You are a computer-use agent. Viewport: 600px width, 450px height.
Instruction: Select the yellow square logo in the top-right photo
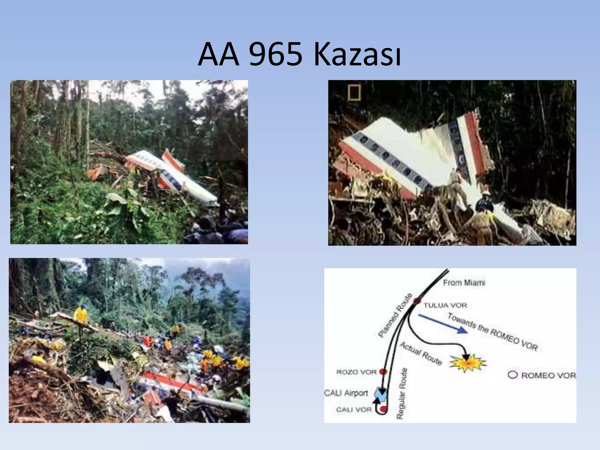pos(354,93)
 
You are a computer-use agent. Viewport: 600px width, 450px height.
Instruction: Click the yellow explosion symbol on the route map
pos(468,364)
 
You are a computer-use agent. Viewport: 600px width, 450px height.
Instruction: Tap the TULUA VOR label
pos(445,306)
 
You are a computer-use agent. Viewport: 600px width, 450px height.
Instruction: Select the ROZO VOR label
pos(356,372)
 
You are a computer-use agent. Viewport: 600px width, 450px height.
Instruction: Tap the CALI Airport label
pos(346,393)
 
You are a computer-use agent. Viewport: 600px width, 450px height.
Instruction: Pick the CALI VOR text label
pos(354,410)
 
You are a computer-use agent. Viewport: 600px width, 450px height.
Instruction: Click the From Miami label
pos(464,283)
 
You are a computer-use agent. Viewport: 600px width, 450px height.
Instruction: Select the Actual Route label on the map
pos(421,354)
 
